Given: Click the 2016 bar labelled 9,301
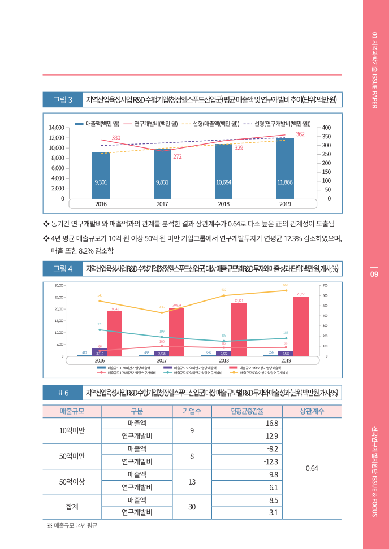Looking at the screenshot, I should pyautogui.click(x=101, y=175).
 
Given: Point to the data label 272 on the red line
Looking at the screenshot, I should pyautogui.click(x=177, y=156).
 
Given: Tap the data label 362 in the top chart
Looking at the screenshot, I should pyautogui.click(x=300, y=134).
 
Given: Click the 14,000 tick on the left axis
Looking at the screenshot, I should pyautogui.click(x=55, y=128).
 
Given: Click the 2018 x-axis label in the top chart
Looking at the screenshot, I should pyautogui.click(x=224, y=203).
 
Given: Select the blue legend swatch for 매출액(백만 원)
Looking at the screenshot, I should pyautogui.click(x=80, y=123).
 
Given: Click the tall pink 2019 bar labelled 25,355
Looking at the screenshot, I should pyautogui.click(x=301, y=326).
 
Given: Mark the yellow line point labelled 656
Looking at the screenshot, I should pyautogui.click(x=286, y=290).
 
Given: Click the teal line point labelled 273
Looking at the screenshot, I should pyautogui.click(x=100, y=329).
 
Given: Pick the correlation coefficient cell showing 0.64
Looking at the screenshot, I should pyautogui.click(x=312, y=468).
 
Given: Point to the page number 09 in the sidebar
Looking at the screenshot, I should pyautogui.click(x=374, y=274).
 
